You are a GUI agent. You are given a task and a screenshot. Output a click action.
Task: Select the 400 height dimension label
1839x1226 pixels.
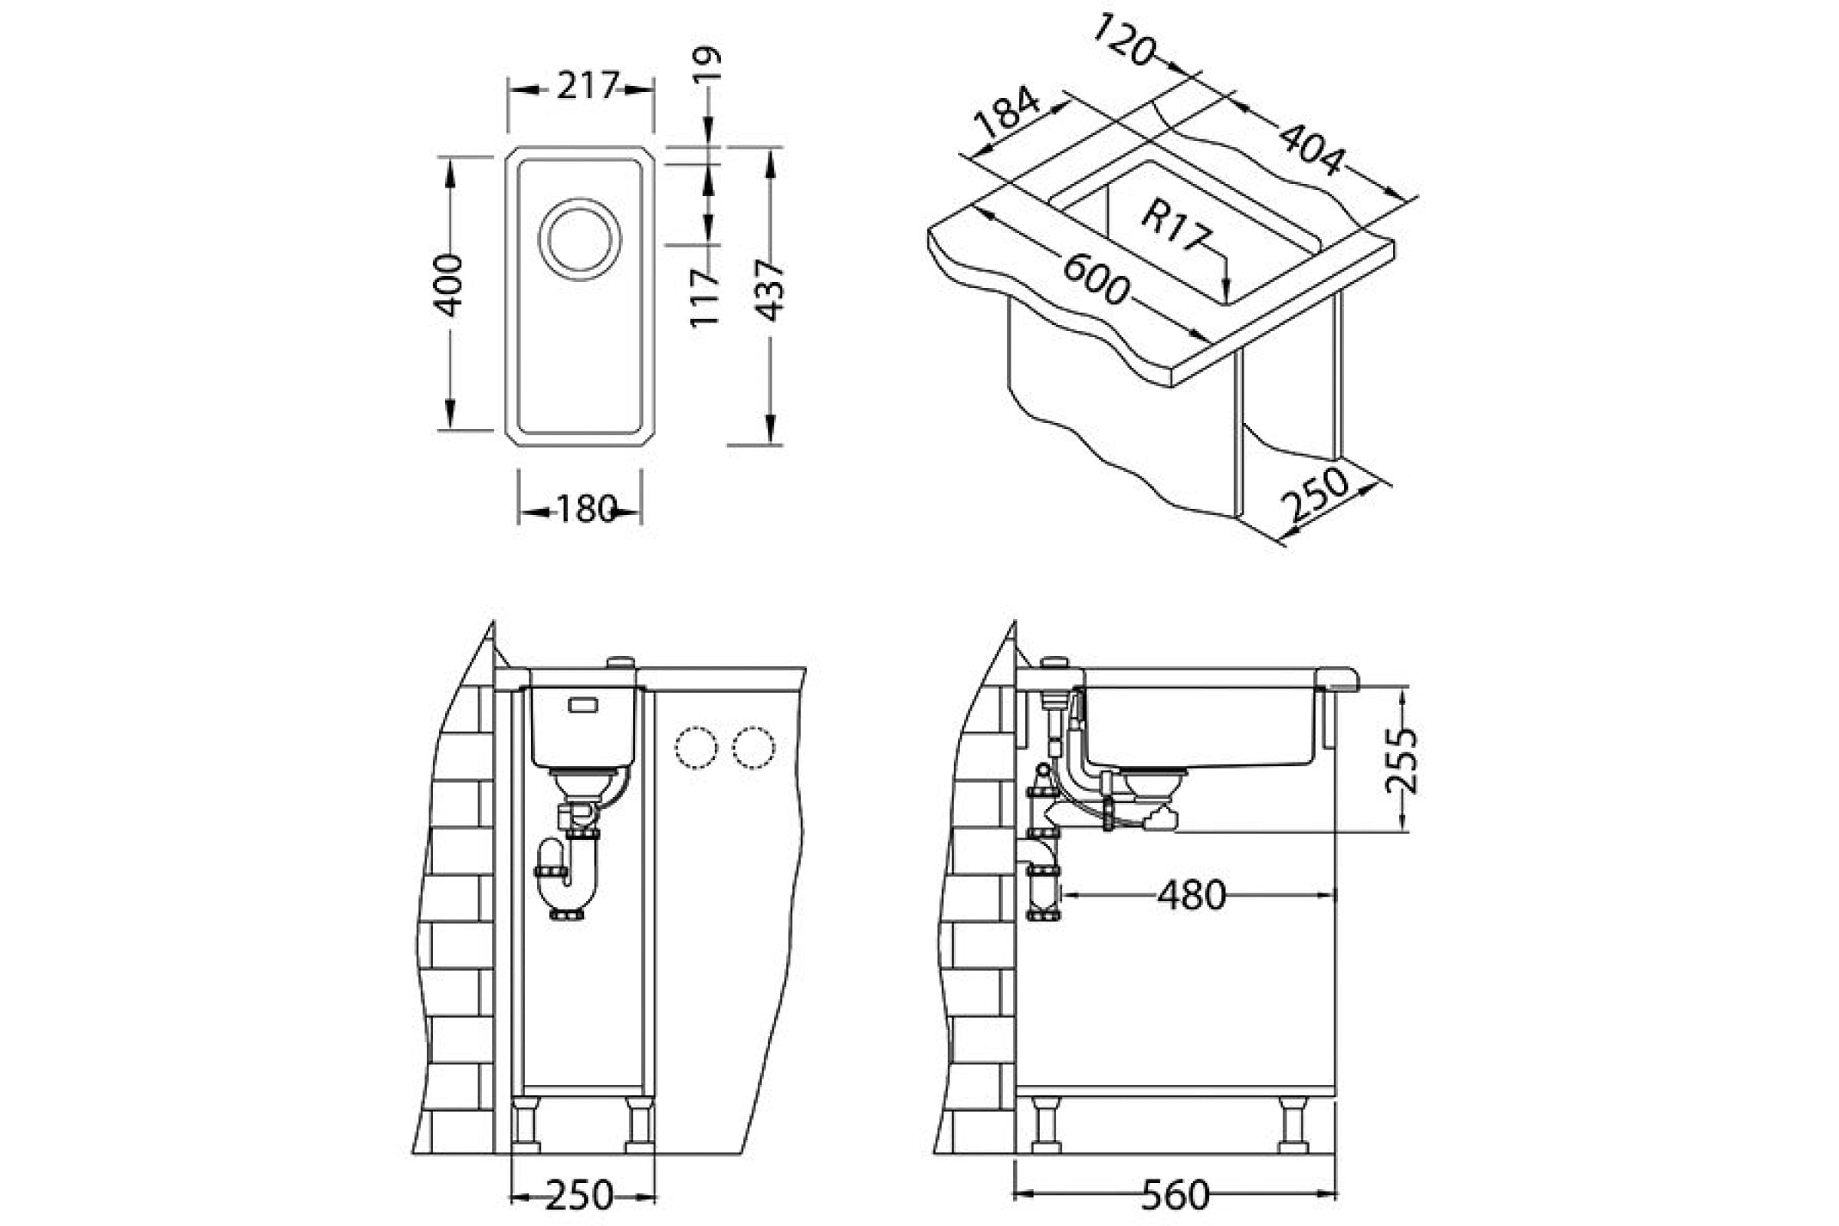click(450, 285)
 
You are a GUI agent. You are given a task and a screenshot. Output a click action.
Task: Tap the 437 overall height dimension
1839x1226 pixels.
click(771, 291)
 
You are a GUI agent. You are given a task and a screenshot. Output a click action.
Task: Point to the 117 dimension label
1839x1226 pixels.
click(705, 297)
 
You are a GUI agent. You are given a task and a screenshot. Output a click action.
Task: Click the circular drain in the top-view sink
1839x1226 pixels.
click(579, 238)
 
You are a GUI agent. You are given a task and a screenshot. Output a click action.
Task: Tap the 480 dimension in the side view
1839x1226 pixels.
click(1191, 895)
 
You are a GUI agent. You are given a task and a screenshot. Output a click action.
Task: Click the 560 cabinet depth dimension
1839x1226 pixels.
click(1175, 1195)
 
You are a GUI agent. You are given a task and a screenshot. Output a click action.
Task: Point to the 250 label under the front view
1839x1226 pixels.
click(579, 1195)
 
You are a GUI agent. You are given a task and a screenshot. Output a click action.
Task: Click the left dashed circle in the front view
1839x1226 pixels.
click(695, 748)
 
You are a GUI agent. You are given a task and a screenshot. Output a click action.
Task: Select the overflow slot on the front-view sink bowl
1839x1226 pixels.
click(583, 705)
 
